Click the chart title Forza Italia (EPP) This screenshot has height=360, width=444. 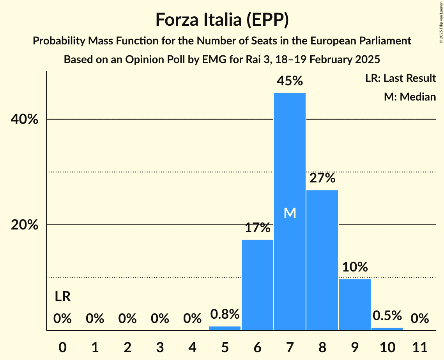tap(222, 20)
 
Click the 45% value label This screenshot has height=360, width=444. tap(290, 81)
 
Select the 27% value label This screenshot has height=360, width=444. tap(322, 178)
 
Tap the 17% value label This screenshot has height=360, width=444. tap(257, 228)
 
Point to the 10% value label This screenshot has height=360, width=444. tap(355, 267)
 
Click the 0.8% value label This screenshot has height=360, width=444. tap(225, 314)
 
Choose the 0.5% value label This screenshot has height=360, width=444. tap(387, 316)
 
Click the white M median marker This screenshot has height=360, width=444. tap(290, 213)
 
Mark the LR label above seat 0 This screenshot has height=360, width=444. tap(62, 297)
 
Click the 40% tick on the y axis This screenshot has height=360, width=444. tap(25, 120)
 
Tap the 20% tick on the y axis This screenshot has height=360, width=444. tap(25, 225)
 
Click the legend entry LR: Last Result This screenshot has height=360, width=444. tap(400, 78)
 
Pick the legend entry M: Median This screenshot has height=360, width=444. tap(409, 97)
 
